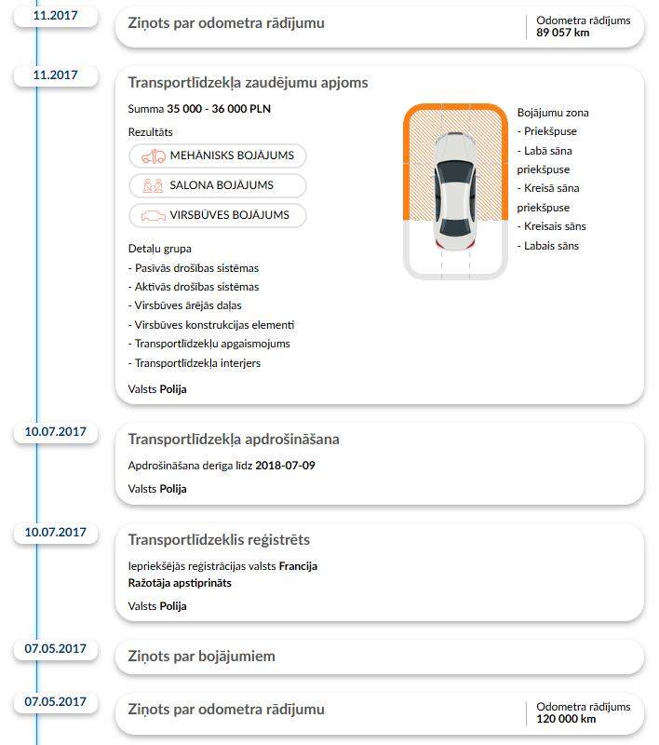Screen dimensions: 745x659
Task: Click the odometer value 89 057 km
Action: tap(563, 33)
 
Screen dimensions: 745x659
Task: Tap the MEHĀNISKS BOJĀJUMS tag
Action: tap(218, 156)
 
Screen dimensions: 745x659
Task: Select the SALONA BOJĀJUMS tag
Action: tap(218, 186)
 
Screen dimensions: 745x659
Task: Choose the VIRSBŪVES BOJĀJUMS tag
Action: tap(218, 216)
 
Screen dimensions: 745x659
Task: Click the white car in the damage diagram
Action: tap(454, 192)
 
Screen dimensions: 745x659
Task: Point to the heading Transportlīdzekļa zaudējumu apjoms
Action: tap(248, 83)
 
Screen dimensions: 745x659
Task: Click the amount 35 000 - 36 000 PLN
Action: tap(220, 109)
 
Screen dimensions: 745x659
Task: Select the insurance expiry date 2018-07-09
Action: tap(285, 465)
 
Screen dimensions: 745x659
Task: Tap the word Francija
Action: tap(298, 566)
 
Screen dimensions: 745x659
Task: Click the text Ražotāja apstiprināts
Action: tap(180, 583)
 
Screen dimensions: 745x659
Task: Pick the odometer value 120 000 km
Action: tap(566, 719)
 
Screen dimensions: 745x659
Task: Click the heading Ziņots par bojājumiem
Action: tap(201, 657)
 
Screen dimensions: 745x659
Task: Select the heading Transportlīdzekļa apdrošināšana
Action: tap(234, 440)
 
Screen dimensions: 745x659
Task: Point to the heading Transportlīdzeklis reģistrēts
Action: tap(219, 540)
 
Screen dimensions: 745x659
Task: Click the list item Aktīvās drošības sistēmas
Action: tap(194, 287)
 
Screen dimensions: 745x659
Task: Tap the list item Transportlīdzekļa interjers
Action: tap(195, 363)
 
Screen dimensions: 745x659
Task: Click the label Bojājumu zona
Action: tap(553, 113)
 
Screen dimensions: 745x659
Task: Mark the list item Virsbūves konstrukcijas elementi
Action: tap(211, 325)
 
